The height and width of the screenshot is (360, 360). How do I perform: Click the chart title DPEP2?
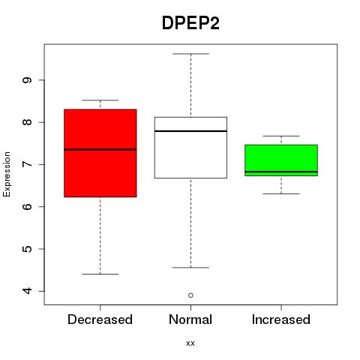pos(190,23)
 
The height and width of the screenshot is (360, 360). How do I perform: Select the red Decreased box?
pos(100,153)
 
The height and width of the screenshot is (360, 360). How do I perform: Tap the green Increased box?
pos(281,160)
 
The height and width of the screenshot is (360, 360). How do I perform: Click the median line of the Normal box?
pos(190,131)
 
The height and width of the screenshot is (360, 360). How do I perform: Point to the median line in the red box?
pos(100,149)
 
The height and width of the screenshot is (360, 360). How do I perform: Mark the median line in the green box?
pos(281,172)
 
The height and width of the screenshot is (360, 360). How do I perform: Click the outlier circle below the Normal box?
pos(190,295)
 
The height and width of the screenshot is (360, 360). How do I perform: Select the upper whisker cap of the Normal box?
pos(190,54)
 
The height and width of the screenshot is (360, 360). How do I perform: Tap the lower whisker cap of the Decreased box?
pos(100,274)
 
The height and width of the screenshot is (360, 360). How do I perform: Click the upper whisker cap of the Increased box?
pos(281,136)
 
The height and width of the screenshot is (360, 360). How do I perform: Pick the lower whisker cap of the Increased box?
pos(281,193)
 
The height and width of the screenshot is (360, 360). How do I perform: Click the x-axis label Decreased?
pos(100,319)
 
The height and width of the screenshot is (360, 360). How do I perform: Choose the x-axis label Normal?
pos(190,319)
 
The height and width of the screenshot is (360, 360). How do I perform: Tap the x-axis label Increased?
pos(281,319)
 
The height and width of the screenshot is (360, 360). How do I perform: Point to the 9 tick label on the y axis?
pos(28,80)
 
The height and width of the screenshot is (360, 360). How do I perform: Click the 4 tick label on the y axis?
pos(28,291)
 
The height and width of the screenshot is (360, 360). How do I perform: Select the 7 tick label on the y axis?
pos(28,164)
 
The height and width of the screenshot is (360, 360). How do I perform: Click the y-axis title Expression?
pos(7,174)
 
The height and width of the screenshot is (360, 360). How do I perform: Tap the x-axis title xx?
pos(190,343)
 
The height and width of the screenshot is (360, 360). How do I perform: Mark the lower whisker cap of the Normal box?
pos(190,268)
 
